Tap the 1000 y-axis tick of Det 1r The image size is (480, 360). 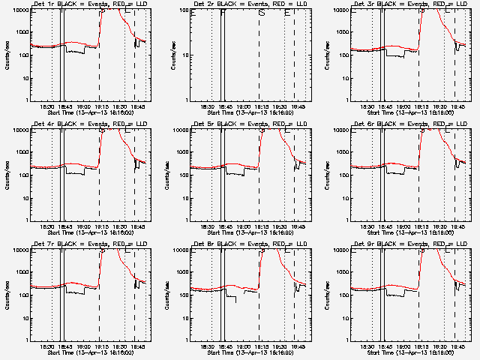pos(22,32)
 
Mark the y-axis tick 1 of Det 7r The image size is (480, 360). pos(28,340)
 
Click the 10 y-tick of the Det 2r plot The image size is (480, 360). pos(185,78)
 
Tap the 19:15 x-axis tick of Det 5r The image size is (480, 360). pos(259,226)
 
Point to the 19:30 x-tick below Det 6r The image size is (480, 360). pos(442,226)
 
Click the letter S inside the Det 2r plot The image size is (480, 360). pos(261,13)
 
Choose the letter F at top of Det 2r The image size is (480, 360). pos(223,13)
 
